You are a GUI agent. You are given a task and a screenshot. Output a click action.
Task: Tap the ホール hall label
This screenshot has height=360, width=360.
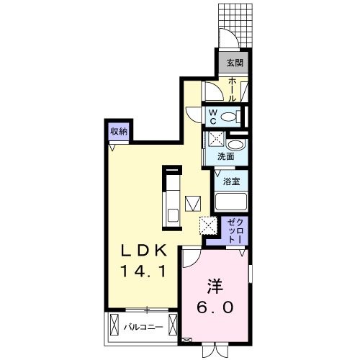pyautogui.click(x=234, y=90)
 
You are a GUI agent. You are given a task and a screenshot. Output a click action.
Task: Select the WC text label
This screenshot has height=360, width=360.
pyautogui.click(x=214, y=117)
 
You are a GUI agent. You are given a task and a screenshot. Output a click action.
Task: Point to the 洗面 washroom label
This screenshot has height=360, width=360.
pyautogui.click(x=225, y=156)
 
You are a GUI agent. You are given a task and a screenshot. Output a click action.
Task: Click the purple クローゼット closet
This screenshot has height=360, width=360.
pyautogui.click(x=235, y=229)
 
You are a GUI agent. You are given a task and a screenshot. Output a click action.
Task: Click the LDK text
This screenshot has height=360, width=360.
pyautogui.click(x=144, y=251)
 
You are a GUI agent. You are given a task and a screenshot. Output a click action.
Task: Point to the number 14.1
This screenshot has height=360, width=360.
pyautogui.click(x=144, y=273)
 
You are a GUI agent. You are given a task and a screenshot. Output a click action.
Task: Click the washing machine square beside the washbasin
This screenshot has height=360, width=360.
pyautogui.click(x=215, y=140)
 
